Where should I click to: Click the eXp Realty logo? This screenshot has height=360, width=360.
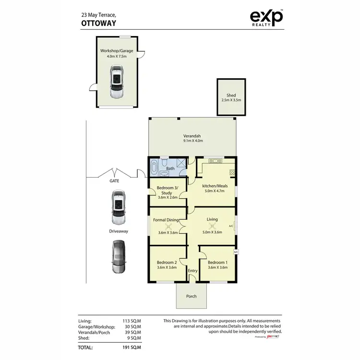tap(267, 18)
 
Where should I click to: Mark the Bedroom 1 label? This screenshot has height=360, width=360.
tap(216, 262)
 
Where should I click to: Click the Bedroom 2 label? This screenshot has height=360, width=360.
tap(167, 262)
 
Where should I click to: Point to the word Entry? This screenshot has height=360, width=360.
tap(192, 271)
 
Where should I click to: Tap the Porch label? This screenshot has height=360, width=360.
tap(192, 296)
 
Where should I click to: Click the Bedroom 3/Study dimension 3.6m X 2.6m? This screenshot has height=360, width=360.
tap(168, 197)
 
